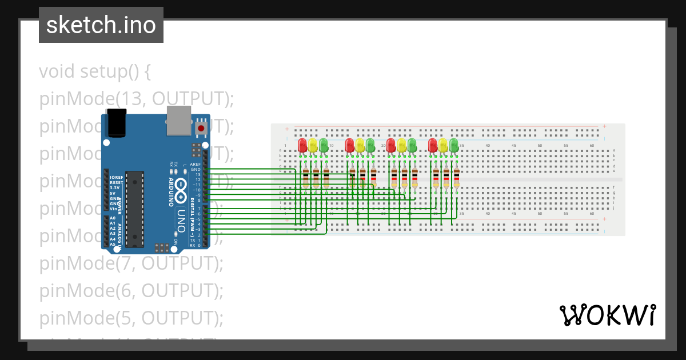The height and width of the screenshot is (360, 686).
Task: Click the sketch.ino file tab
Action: click(101, 25)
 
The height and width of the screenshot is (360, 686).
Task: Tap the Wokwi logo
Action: click(607, 315)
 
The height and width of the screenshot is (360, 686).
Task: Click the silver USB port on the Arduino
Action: click(178, 121)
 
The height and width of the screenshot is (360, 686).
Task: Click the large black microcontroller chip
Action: click(134, 209)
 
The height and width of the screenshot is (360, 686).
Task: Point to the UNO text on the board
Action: click(181, 219)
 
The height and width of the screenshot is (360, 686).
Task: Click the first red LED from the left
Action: click(302, 145)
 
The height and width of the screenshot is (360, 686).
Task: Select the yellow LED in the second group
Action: click(360, 145)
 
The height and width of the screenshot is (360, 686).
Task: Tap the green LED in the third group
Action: click(412, 145)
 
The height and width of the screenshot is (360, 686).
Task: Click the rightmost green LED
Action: click(454, 145)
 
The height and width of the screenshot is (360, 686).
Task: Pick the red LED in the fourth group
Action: click(433, 145)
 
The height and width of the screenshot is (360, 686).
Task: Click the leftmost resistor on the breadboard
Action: click(305, 178)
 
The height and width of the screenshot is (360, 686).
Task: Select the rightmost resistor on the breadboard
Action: click(457, 178)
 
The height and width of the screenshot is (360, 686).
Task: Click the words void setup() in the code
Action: click(95, 72)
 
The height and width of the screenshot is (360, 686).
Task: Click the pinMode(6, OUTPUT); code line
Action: click(131, 291)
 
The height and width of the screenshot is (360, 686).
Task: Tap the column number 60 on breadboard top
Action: click(592, 146)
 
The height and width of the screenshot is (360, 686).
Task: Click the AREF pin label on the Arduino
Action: click(195, 164)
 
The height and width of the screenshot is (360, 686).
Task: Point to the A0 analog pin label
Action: click(113, 218)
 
